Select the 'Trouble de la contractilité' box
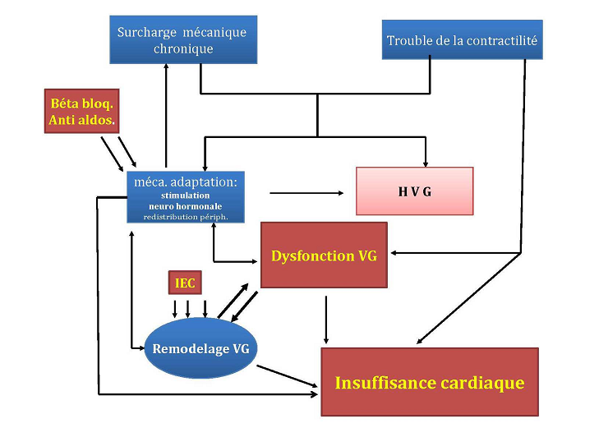tap(463, 40)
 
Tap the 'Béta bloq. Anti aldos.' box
tap(83, 112)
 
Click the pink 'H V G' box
tap(414, 191)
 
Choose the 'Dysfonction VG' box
tap(324, 255)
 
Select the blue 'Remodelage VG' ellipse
tap(201, 348)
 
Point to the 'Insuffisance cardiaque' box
tap(429, 382)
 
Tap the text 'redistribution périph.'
tap(185, 217)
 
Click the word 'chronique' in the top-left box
tap(182, 48)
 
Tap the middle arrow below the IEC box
tap(189, 308)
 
